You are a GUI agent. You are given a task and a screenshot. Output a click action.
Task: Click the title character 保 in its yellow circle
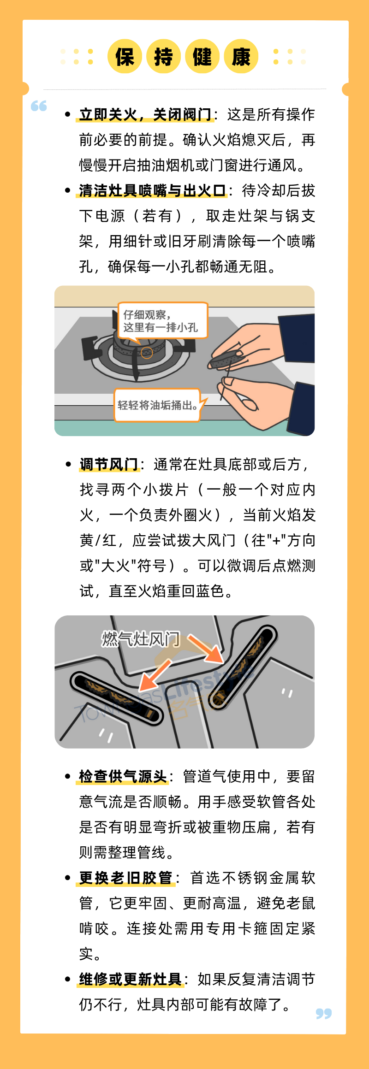tap(125, 57)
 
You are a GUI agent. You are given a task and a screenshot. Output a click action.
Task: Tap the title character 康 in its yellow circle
tap(241, 57)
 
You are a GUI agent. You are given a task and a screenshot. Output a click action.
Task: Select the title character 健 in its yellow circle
tap(202, 57)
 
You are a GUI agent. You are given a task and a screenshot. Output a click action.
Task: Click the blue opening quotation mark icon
tap(39, 106)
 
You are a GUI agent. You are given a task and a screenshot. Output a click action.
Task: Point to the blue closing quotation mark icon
tap(324, 1013)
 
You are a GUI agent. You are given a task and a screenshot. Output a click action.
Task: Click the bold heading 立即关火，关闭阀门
tap(145, 114)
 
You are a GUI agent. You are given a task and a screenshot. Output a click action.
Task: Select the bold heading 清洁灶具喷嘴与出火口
tap(152, 190)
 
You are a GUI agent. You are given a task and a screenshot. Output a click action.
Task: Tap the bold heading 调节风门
tap(109, 464)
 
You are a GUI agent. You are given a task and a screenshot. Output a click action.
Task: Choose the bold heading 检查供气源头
tap(123, 776)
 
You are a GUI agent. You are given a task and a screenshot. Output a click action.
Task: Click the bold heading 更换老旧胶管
tap(126, 878)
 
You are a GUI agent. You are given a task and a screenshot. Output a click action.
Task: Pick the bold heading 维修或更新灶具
tap(131, 979)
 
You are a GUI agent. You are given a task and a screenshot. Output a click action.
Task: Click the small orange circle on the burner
tap(147, 353)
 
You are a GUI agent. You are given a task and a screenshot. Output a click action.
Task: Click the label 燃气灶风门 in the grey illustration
tap(141, 639)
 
